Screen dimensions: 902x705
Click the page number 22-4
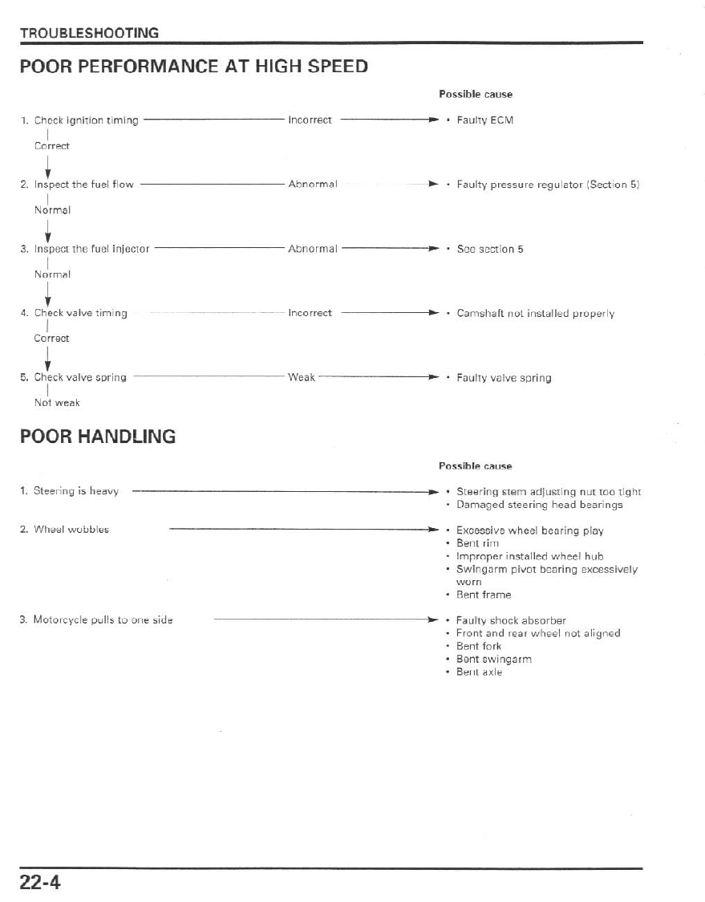(41, 882)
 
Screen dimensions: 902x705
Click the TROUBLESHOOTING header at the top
(89, 33)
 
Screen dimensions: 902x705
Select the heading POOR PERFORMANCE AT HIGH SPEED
(194, 67)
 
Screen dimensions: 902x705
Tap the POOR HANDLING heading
(98, 437)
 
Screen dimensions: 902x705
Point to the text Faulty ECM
(484, 120)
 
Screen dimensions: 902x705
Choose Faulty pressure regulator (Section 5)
(547, 185)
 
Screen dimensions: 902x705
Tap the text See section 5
(489, 249)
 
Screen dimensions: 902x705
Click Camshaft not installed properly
(535, 313)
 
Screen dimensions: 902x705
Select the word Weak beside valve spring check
(302, 377)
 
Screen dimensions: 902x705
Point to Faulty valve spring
(504, 377)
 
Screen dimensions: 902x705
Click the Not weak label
(57, 403)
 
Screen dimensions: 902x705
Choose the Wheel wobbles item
(71, 530)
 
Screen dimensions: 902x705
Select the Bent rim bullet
(477, 543)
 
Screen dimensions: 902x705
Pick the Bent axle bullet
(479, 672)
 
